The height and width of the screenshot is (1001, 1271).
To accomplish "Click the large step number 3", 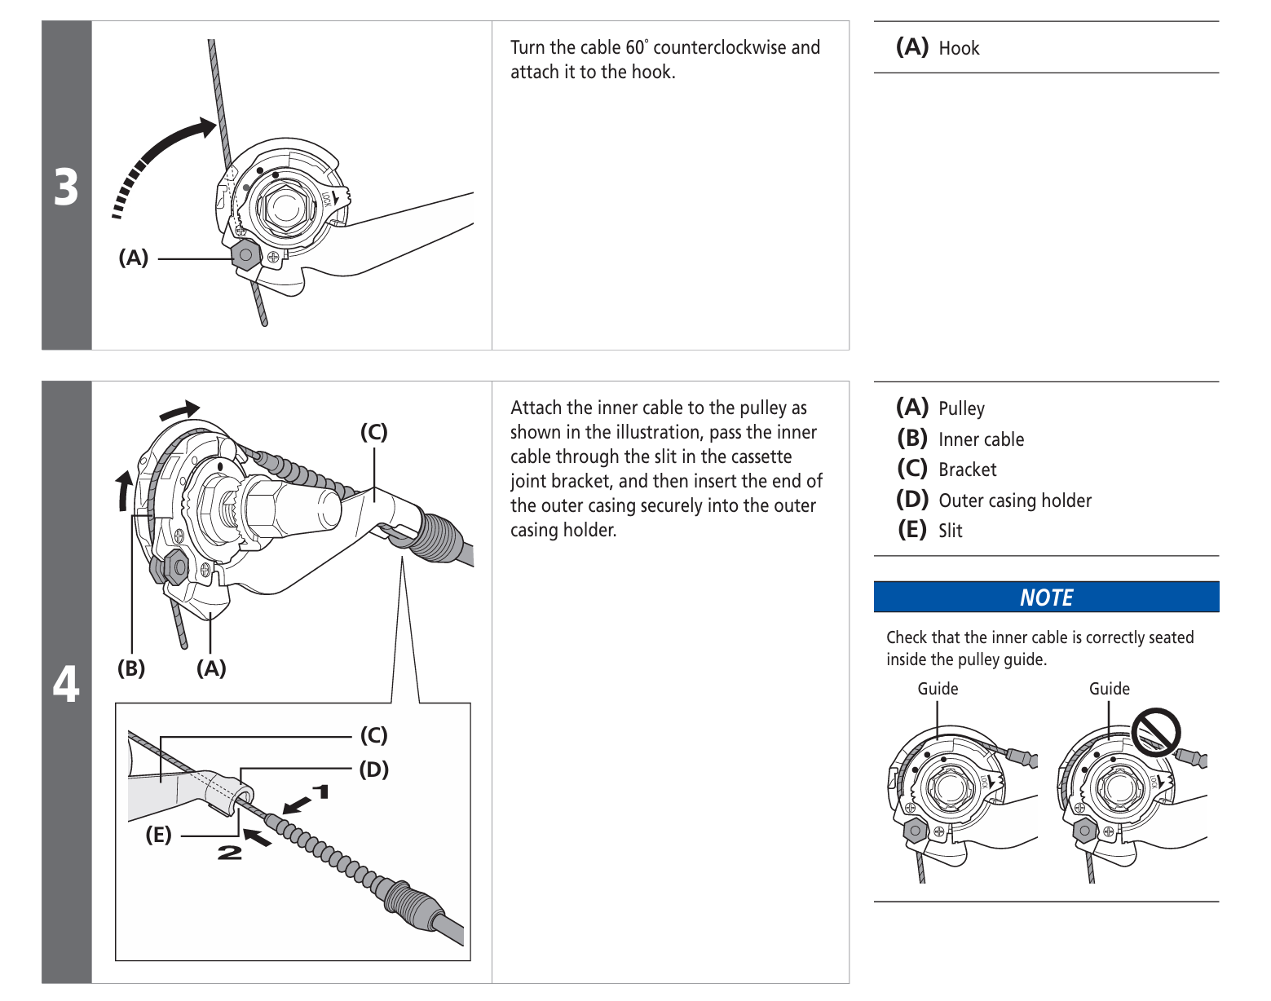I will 66,187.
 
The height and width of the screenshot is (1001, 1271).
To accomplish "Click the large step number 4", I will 66,682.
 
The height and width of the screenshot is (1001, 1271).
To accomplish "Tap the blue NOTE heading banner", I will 1046,598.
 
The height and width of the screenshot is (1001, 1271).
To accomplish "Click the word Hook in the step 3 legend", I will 959,49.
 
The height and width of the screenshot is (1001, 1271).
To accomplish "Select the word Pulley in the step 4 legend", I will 961,408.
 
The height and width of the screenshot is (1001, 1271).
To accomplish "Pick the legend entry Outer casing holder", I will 1015,500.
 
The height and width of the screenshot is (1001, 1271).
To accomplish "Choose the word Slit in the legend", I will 951,531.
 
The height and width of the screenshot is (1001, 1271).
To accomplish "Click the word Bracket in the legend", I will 968,470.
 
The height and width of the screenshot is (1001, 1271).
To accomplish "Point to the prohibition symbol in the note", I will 1156,732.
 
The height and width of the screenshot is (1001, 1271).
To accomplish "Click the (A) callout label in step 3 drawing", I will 134,258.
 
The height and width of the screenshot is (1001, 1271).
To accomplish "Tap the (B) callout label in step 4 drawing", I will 131,668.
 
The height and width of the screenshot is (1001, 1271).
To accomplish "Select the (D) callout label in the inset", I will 374,769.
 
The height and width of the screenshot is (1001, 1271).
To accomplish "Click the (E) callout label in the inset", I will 158,835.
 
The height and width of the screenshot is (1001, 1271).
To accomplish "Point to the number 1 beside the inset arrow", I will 321,792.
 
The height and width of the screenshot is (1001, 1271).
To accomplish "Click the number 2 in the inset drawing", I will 229,853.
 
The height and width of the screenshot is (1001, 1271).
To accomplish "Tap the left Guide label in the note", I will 938,689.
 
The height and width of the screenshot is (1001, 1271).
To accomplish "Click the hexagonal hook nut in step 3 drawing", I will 245,255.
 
